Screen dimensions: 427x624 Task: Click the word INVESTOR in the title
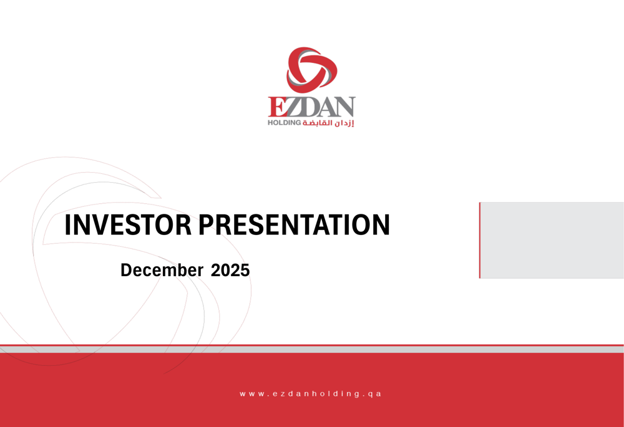(129, 225)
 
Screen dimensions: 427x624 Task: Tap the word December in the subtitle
(162, 271)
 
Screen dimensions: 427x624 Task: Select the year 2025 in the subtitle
(230, 271)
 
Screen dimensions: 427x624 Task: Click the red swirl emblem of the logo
(311, 69)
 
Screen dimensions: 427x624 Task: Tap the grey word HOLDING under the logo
(284, 123)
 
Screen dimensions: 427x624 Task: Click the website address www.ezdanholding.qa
(311, 394)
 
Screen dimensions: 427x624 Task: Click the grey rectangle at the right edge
(552, 240)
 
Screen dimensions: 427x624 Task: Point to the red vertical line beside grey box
(480, 240)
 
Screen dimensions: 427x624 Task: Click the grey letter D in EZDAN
(308, 108)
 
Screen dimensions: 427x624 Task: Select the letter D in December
(126, 271)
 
